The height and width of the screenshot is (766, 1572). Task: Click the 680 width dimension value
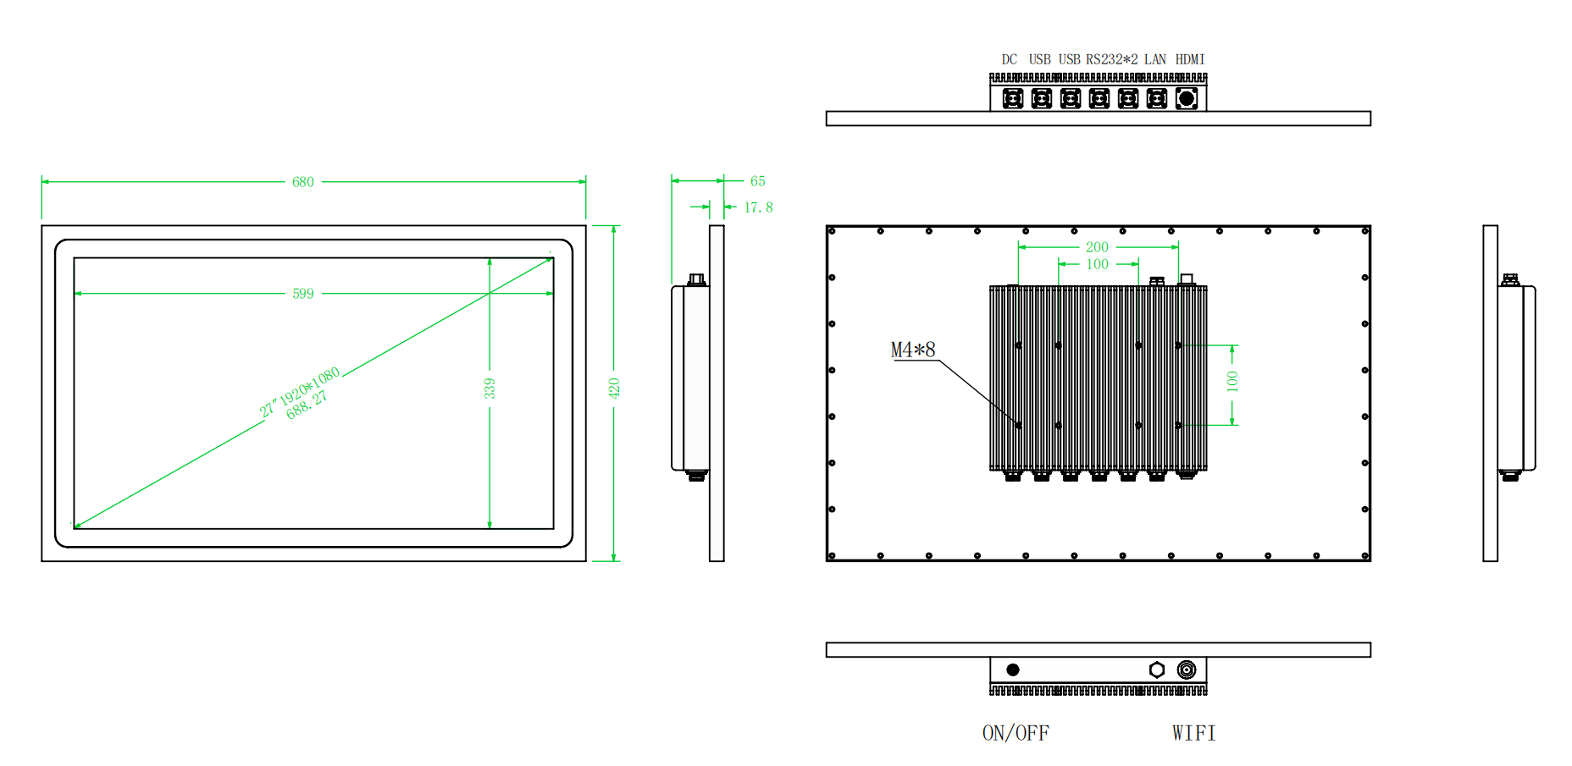302,182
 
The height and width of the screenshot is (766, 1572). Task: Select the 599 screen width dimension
302,294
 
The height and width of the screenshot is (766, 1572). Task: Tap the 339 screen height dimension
490,389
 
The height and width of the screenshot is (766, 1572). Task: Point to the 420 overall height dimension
614,389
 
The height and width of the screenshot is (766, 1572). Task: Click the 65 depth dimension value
757,181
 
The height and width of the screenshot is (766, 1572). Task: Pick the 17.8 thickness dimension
758,207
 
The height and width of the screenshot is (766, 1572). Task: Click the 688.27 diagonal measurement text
307,405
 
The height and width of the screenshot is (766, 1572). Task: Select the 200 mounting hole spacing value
1097,247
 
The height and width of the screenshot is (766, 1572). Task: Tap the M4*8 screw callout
913,350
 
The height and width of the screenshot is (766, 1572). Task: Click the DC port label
1009,59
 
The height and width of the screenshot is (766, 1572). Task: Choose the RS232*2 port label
1111,59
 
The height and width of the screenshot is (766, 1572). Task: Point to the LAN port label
1154,59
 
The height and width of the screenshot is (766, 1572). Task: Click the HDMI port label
1190,59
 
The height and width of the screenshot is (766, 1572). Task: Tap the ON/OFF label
1016,733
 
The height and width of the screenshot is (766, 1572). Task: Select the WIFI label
1193,733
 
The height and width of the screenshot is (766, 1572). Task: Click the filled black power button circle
1013,670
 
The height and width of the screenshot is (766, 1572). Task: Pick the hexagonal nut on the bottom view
1157,670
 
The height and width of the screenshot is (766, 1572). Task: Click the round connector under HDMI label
1187,99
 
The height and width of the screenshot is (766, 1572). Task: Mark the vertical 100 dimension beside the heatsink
1232,382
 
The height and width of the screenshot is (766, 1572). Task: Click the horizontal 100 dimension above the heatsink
1097,264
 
